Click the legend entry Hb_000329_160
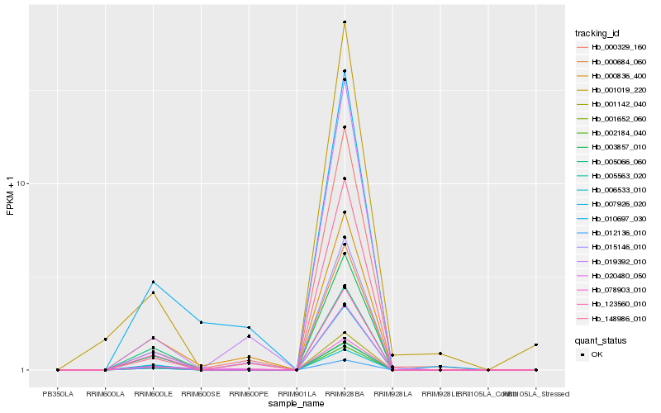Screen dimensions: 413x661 (612, 48)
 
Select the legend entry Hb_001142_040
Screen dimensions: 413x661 (612, 104)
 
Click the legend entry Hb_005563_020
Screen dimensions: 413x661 (612, 176)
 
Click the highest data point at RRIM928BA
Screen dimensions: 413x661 (345, 22)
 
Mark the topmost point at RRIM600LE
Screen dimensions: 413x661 (153, 282)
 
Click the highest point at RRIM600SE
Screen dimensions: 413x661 (201, 322)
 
